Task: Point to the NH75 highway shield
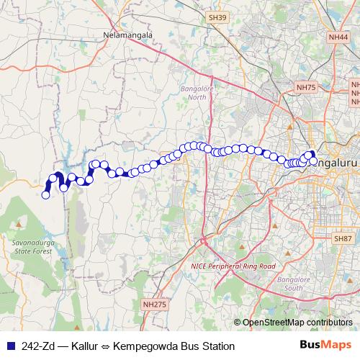pos(306,87)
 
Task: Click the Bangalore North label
pos(192,94)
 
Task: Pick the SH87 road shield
pos(342,238)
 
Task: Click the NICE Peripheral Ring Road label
pos(233,266)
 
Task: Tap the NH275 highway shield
pos(154,305)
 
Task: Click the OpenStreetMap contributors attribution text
pos(297,323)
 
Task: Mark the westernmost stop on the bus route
pos(46,194)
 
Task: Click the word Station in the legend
pos(220,346)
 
